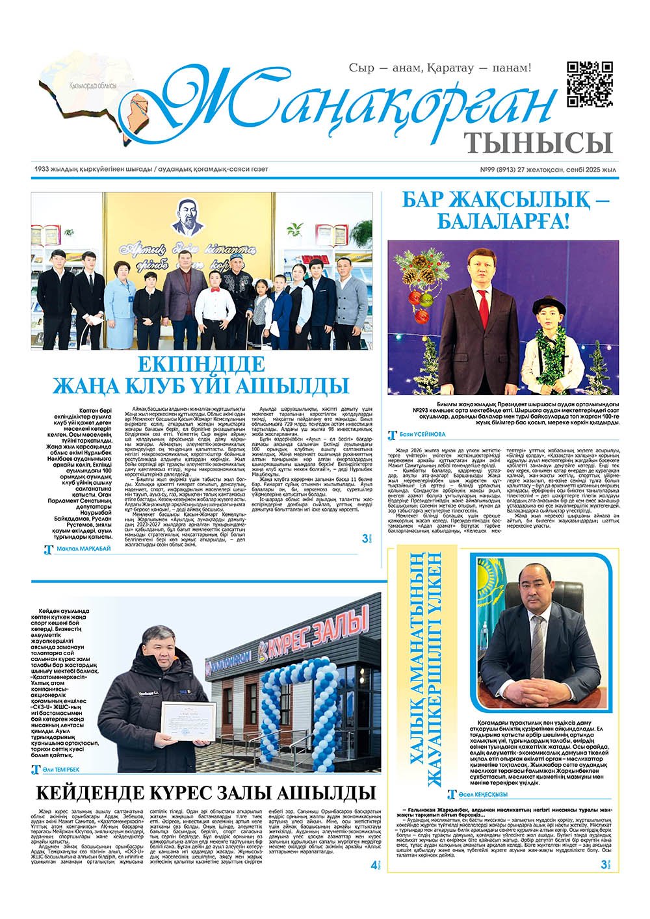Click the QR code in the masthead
pos(590,84)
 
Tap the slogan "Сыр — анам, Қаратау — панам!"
pos(440,67)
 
